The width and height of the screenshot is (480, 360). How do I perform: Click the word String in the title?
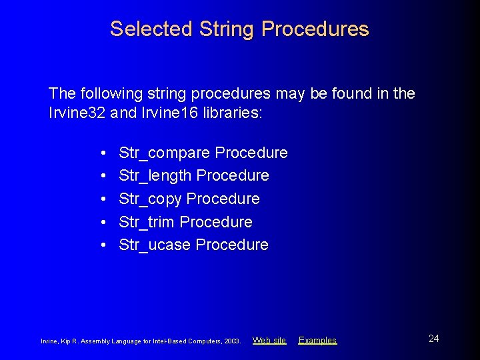point(221,29)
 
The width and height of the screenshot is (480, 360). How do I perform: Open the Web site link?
point(269,341)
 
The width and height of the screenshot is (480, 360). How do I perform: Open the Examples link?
point(317,341)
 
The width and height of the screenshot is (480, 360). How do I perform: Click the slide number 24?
point(433,339)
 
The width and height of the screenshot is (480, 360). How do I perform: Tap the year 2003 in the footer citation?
point(233,341)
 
